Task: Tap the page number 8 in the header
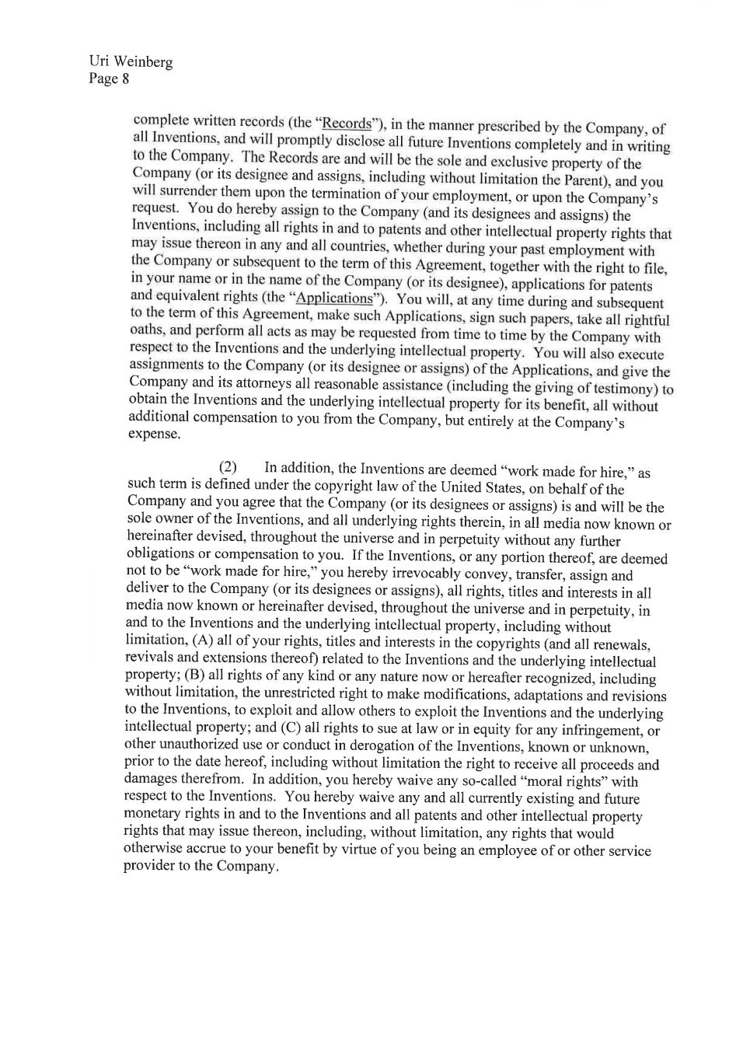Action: click(x=125, y=79)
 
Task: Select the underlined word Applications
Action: click(x=335, y=298)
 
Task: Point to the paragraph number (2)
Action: click(x=227, y=467)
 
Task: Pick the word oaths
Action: click(x=145, y=330)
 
